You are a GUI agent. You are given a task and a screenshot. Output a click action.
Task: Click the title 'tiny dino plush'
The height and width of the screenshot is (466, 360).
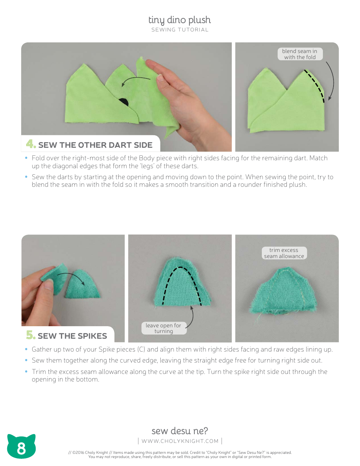180,20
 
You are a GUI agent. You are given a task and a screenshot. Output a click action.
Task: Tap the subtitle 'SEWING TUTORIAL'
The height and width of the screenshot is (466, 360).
180,30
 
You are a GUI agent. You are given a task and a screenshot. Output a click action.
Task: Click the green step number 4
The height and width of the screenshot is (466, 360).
31,144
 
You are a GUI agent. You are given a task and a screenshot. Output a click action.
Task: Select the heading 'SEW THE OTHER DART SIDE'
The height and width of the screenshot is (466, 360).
95,145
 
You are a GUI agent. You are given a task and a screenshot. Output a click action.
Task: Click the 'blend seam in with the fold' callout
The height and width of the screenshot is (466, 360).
300,54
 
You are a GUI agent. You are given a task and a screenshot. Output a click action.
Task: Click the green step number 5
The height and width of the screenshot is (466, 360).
31,335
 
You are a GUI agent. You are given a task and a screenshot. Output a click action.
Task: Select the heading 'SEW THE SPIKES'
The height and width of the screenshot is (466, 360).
72,336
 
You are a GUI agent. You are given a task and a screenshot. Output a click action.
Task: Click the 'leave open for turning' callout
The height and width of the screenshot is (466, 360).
164,328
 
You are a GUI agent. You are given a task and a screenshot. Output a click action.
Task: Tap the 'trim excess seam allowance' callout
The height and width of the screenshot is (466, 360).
284,253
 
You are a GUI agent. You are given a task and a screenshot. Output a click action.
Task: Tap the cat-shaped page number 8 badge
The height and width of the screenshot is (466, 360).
21,447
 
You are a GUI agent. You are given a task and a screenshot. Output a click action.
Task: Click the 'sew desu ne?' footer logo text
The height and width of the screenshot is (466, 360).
180,431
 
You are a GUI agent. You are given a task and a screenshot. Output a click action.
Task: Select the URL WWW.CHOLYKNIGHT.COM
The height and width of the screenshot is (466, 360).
180,441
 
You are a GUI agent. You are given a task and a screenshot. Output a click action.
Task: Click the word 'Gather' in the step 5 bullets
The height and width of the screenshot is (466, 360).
42,349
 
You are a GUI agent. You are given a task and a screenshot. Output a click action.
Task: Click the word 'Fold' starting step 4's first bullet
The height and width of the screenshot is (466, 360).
38,158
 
